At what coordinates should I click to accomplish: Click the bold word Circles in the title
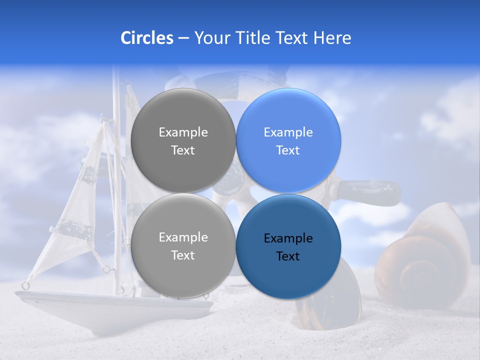[x=146, y=38]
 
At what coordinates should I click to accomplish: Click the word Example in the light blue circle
[x=288, y=132]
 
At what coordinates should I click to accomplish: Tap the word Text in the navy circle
[x=288, y=256]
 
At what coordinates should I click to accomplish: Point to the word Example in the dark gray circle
[x=183, y=132]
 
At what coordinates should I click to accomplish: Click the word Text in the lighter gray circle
[x=183, y=255]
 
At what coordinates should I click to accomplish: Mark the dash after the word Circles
[x=183, y=38]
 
